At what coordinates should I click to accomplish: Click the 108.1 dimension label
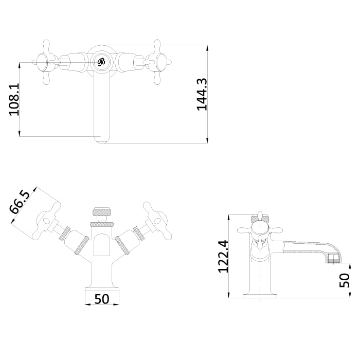(x=14, y=99)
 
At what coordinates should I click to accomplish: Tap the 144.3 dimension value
(x=202, y=94)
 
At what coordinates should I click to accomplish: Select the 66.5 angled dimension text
(x=20, y=202)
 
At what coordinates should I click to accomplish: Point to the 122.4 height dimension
(x=223, y=256)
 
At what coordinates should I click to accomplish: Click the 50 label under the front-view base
(x=102, y=299)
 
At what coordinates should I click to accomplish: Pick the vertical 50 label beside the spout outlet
(x=345, y=280)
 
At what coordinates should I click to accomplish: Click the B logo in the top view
(x=101, y=62)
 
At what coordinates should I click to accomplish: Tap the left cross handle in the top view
(x=46, y=62)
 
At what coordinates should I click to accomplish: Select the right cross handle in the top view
(x=158, y=62)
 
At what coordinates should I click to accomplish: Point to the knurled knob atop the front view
(x=102, y=211)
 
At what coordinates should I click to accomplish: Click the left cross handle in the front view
(x=47, y=221)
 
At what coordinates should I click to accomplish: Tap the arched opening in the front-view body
(x=102, y=245)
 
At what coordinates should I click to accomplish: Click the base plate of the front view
(x=102, y=289)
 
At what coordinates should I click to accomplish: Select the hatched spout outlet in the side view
(x=334, y=258)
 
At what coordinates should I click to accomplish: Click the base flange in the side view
(x=260, y=296)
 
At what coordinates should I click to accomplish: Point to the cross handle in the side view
(x=260, y=230)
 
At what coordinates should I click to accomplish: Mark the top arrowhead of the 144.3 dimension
(x=207, y=48)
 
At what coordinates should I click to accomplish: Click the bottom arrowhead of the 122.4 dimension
(x=229, y=295)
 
